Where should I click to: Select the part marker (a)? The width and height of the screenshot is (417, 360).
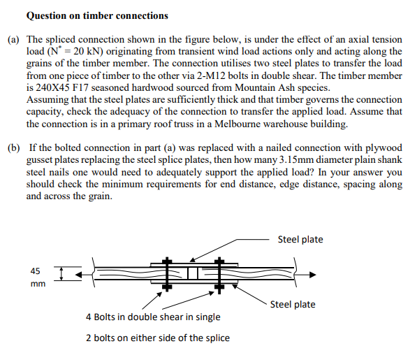click(x=13, y=40)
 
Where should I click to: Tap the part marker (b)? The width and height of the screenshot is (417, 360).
click(x=13, y=147)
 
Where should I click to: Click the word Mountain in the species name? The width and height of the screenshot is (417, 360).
click(x=256, y=87)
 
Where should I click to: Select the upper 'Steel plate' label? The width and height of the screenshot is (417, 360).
click(x=300, y=240)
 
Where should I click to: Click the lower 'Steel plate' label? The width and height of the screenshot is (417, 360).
click(x=293, y=304)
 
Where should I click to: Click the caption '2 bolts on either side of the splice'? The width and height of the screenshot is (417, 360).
click(x=158, y=338)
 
